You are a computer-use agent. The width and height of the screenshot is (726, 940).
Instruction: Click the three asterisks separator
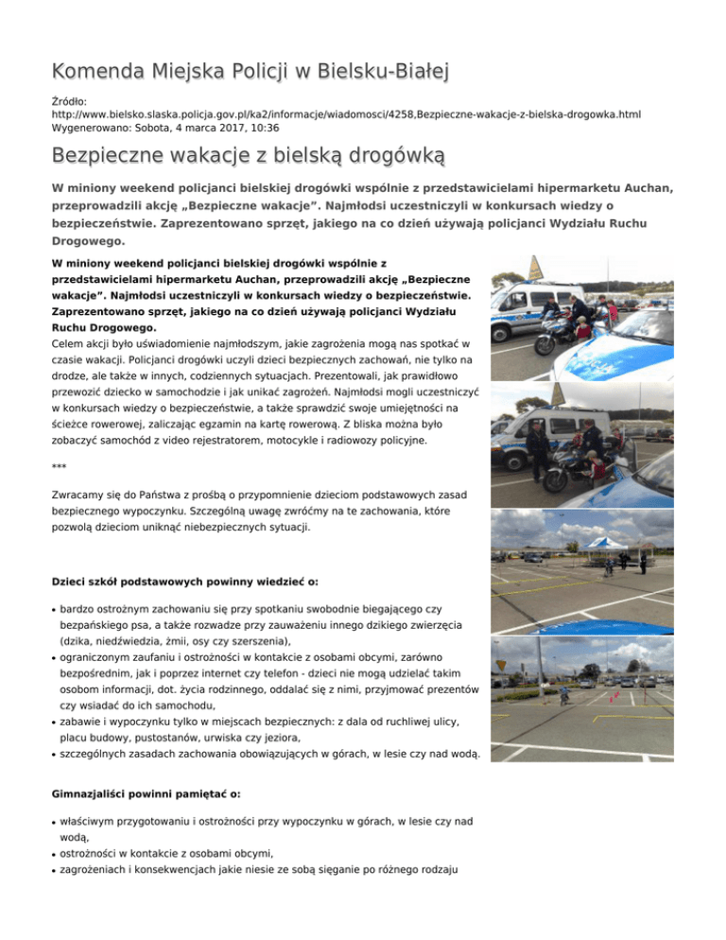tap(60, 466)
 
